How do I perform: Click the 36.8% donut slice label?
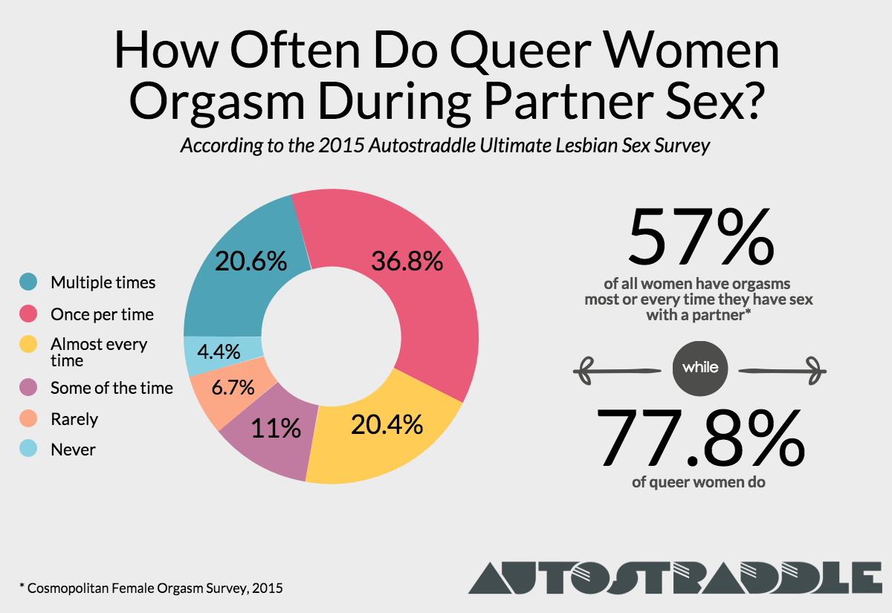point(407,262)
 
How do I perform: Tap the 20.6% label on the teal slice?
point(251,262)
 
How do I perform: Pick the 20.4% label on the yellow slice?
point(386,424)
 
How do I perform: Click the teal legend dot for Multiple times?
point(29,282)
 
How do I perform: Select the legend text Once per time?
point(102,314)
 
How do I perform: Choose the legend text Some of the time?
point(111,388)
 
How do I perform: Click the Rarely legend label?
point(74,419)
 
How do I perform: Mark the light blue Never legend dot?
point(29,450)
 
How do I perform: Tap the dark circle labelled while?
point(699,368)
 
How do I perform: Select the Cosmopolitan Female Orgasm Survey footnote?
point(149,588)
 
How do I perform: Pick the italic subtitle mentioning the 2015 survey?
point(445,146)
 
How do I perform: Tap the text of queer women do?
point(699,482)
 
